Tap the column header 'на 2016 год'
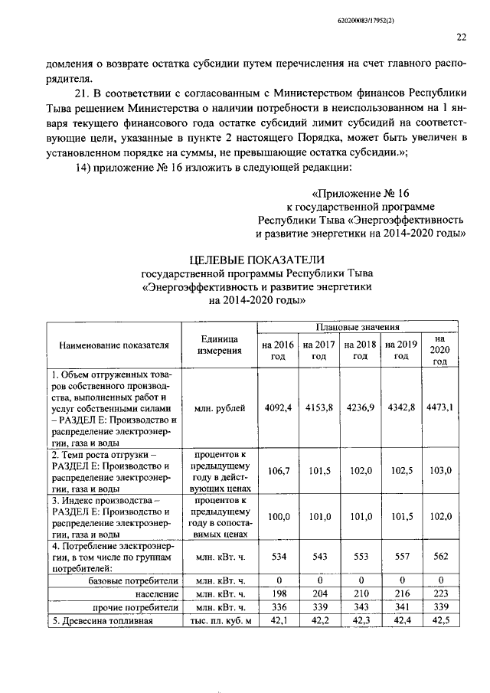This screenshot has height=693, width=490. tap(277, 350)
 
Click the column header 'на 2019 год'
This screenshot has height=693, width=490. tap(400, 350)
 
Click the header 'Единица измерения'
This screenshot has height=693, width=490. tap(219, 345)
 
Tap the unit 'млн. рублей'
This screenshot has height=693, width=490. tap(219, 407)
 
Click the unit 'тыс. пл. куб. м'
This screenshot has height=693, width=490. tap(219, 620)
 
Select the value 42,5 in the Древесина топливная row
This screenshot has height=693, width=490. tap(439, 620)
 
